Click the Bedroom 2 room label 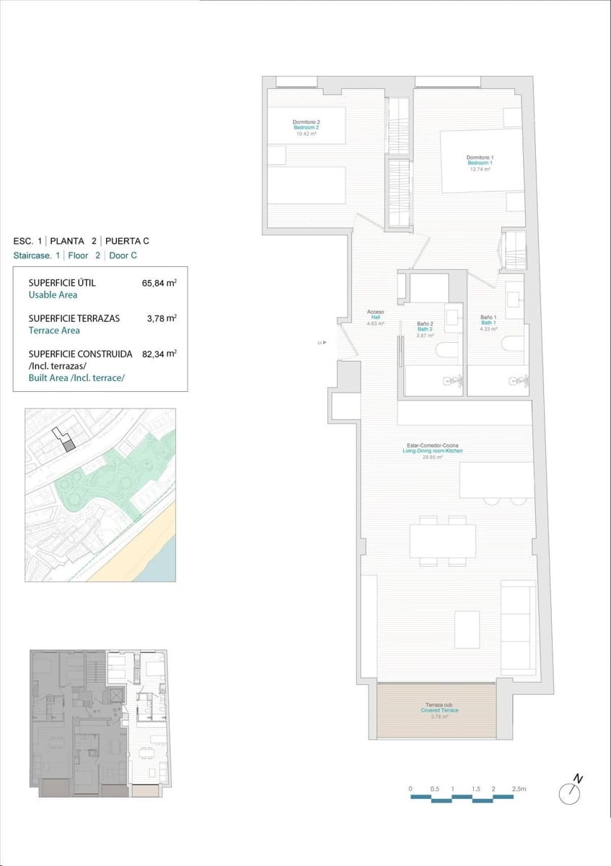coord(306,128)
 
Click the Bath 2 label coord(425,330)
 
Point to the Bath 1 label coord(488,323)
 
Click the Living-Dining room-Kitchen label coord(432,451)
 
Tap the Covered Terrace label coord(440,711)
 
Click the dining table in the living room coord(442,541)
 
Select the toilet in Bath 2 coord(446,352)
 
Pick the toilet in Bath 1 coord(513,344)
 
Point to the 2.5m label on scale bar coord(519,790)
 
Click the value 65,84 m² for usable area coord(159,283)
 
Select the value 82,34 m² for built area coord(159,354)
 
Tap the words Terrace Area coord(54,331)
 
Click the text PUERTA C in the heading coord(128,241)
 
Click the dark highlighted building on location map coord(69,446)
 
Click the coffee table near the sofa coord(467,629)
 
